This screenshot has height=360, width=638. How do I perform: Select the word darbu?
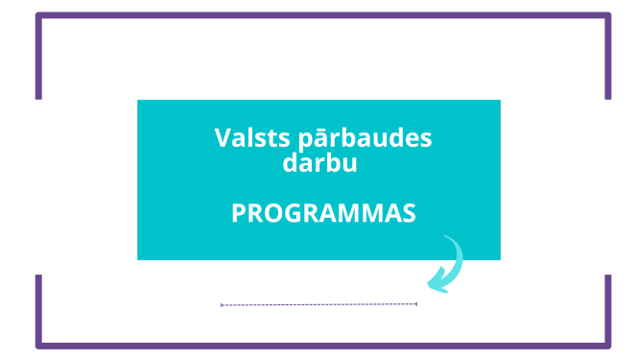point(319,163)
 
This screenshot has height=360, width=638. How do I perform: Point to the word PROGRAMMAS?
point(323,213)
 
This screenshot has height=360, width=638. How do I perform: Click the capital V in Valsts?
point(222,137)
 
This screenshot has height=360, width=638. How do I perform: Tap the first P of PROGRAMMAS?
point(238,213)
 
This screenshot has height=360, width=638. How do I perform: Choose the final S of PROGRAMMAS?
point(410,213)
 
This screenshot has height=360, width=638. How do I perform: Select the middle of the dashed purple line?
point(319,304)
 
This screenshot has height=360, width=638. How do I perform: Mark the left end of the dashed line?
point(222,304)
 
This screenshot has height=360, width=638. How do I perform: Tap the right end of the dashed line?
point(416,304)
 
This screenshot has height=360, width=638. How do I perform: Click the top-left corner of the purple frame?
point(38,15)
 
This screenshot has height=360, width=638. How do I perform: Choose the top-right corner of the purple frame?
point(608,15)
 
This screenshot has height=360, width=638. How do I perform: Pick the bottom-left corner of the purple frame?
point(38,345)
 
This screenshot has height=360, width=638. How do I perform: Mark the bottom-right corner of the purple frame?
point(608,345)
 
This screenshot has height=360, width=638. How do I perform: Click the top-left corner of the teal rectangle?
point(138,101)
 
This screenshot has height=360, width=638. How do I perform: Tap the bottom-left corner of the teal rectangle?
point(138,259)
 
